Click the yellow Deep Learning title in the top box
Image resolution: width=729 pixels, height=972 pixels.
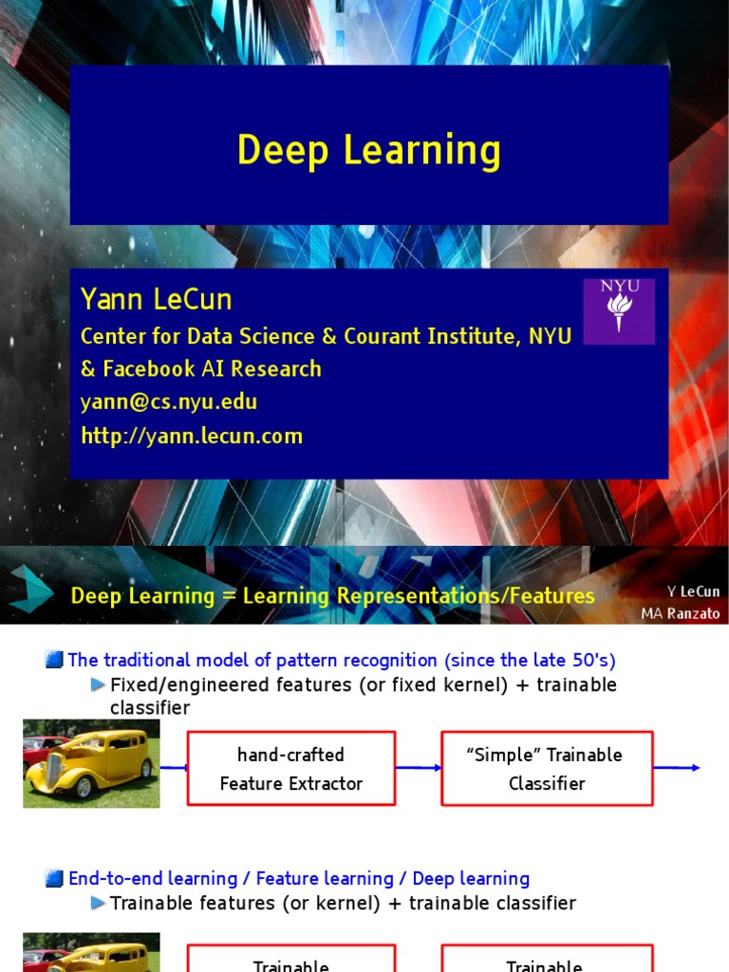point(368,150)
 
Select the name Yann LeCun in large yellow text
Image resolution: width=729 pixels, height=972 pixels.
point(156,300)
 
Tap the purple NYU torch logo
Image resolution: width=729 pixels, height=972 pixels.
point(619,311)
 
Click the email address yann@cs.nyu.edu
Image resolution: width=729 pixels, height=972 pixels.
point(169,402)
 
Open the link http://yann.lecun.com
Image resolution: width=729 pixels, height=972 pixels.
point(192,436)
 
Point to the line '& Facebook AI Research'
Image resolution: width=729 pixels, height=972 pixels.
point(201,368)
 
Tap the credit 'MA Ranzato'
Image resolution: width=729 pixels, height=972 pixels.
point(680,613)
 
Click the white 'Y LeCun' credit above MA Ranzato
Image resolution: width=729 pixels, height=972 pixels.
point(693,591)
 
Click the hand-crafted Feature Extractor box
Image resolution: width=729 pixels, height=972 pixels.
point(291,769)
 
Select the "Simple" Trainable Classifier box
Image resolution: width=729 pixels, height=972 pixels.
point(547,769)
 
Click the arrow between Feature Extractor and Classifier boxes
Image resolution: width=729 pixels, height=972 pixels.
point(419,767)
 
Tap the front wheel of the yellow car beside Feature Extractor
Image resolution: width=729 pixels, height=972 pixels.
point(84,786)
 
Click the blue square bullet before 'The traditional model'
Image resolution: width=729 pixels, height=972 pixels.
point(53,661)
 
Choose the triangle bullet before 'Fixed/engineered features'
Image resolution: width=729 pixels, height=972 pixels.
point(98,684)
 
